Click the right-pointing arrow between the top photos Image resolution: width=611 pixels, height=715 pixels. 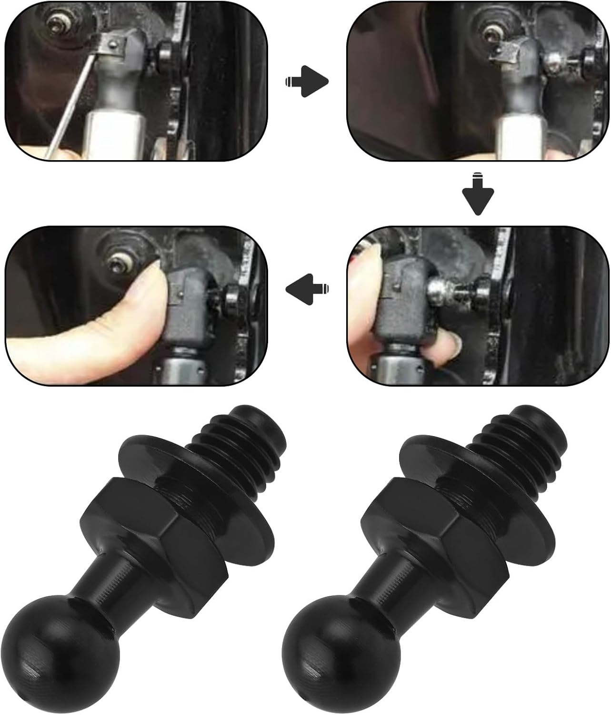coord(307,82)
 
